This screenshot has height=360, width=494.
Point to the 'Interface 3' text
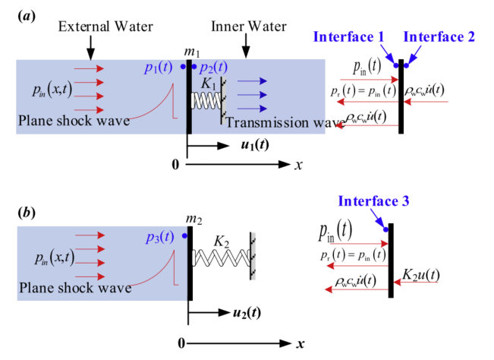pyautogui.click(x=373, y=201)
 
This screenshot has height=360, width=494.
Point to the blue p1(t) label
pyautogui.click(x=159, y=68)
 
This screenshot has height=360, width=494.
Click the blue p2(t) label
pyautogui.click(x=212, y=68)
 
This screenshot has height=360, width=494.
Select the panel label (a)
pyautogui.click(x=27, y=14)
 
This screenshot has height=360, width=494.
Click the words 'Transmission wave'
pyautogui.click(x=275, y=123)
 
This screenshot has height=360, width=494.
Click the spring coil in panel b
pyautogui.click(x=219, y=258)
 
